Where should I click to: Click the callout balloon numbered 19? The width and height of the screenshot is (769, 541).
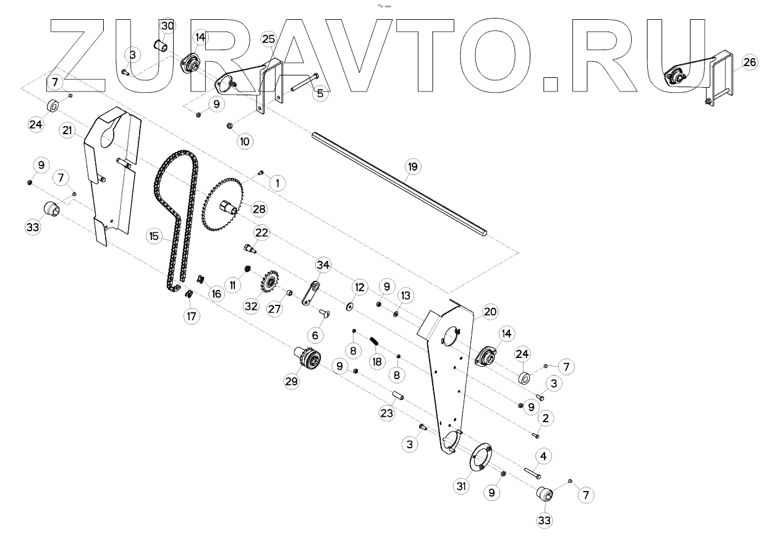(x=412, y=166)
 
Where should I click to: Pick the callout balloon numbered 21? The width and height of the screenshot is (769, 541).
(x=67, y=130)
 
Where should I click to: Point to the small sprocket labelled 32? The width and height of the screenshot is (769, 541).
(x=268, y=284)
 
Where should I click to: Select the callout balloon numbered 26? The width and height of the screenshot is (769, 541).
(x=749, y=62)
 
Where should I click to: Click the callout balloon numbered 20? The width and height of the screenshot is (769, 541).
(x=490, y=312)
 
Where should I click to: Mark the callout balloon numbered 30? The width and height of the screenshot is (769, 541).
(x=167, y=26)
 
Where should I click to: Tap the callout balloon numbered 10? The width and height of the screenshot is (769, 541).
(x=245, y=141)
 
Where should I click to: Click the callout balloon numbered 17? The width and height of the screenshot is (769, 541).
(x=191, y=316)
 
